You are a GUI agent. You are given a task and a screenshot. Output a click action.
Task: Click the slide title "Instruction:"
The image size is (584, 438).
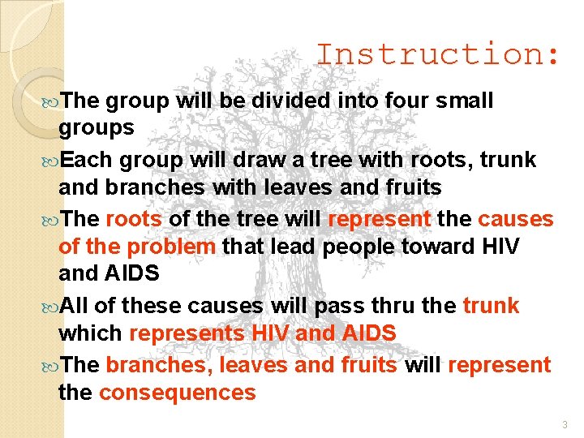click(437, 55)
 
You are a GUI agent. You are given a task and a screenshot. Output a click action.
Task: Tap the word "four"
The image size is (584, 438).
click(386, 101)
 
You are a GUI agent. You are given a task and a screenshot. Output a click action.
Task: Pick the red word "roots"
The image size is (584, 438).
click(134, 219)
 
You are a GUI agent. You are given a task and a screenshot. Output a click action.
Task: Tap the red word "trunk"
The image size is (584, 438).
click(491, 306)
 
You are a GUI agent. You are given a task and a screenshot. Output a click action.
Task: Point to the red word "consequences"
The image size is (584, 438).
click(177, 393)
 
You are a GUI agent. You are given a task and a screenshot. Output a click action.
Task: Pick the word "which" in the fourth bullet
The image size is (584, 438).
click(90, 333)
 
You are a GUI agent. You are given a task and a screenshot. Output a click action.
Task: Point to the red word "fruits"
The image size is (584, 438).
click(366, 364)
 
